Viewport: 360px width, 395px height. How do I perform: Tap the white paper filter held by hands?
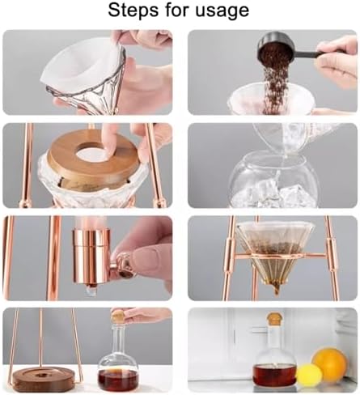(x=85, y=62)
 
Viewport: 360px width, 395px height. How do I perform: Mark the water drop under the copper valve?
(x=90, y=291)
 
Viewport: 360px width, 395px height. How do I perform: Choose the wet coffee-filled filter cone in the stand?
(x=276, y=251)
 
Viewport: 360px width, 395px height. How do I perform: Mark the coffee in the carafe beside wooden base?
(x=118, y=379)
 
